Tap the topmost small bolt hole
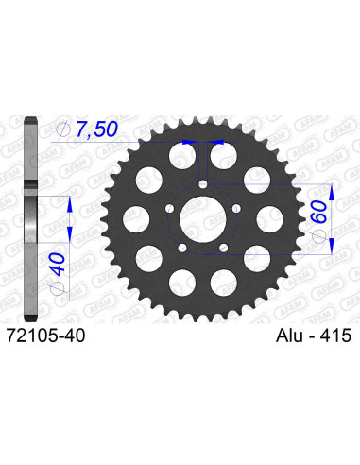pyautogui.click(x=202, y=185)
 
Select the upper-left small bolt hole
pyautogui.click(x=168, y=210)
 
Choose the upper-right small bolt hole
pyautogui.click(x=236, y=210)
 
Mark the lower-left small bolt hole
pyautogui.click(x=181, y=250)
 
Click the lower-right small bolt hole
pyautogui.click(x=223, y=250)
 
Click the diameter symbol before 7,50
pyautogui.click(x=62, y=129)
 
